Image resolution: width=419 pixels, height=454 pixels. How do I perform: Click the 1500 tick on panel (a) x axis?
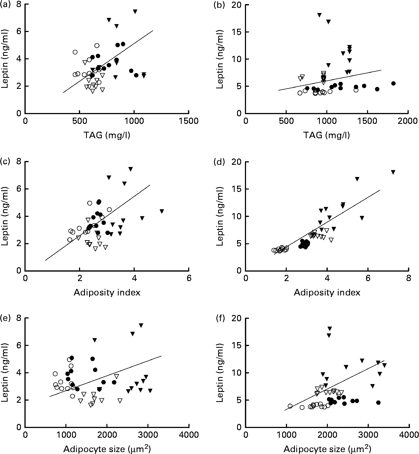[x=189, y=121]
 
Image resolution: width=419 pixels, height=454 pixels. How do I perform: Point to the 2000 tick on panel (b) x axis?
[x=408, y=121]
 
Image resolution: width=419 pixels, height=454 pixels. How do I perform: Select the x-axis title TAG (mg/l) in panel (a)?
[x=107, y=135]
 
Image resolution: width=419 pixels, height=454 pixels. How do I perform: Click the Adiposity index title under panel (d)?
[x=327, y=292]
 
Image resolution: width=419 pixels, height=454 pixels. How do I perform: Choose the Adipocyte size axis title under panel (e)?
[x=107, y=449]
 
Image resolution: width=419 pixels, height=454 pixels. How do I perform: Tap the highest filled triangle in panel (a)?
[x=135, y=11]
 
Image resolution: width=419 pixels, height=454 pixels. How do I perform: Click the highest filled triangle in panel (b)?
[x=319, y=15]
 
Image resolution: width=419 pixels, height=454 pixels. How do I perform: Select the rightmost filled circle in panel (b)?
[x=393, y=83]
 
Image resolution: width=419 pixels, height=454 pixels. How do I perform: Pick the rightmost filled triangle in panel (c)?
[x=162, y=211]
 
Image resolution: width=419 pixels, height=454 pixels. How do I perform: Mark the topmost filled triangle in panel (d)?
[x=393, y=172]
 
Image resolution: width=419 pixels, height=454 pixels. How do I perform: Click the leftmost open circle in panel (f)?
[x=290, y=406]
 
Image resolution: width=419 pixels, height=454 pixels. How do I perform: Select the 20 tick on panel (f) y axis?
[x=237, y=318]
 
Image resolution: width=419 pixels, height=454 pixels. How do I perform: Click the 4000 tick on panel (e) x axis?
[x=189, y=435]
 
